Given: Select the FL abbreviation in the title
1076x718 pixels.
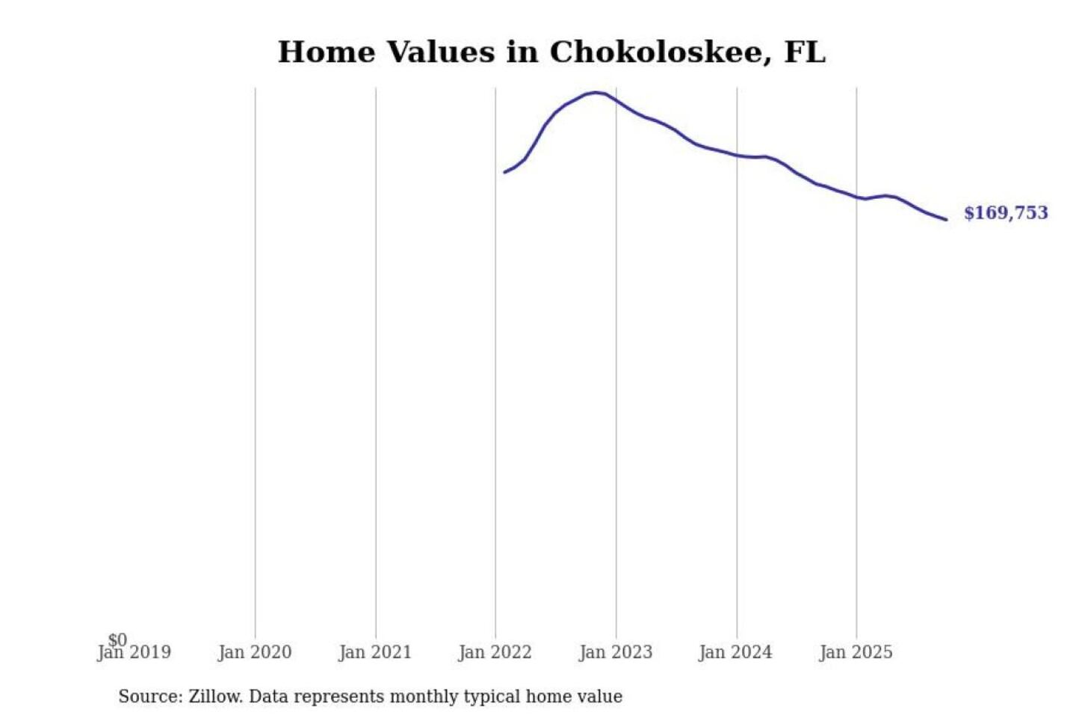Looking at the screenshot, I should point(805,52).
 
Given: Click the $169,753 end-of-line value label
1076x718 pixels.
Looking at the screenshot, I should point(1006,213).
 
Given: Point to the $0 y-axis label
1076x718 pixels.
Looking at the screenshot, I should point(117,639).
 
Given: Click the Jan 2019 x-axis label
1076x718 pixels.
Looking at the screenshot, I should point(134,653).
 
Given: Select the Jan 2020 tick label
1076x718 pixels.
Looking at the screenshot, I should point(255,653).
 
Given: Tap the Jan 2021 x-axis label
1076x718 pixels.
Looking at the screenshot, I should point(375,653).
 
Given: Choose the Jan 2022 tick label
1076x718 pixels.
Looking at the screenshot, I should point(495,653).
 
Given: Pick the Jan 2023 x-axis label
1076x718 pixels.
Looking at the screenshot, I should point(616,653).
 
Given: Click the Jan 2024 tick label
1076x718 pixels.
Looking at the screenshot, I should point(735,653).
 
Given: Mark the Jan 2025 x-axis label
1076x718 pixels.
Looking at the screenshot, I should point(856,653).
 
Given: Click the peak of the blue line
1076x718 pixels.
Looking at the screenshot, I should point(595,93).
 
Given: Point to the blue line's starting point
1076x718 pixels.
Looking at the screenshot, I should point(504,173).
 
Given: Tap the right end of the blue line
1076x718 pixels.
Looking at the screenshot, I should point(947,219).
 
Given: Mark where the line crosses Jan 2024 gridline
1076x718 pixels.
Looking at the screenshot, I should point(737,156).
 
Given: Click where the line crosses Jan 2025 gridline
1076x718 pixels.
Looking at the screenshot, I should point(856,197).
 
